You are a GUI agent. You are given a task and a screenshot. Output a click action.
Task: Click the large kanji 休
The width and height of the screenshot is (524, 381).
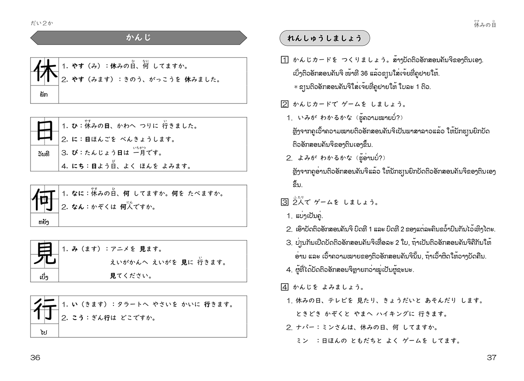pyautogui.click(x=44, y=72)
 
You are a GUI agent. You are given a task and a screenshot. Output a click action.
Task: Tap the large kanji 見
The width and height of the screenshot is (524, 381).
pyautogui.click(x=44, y=254)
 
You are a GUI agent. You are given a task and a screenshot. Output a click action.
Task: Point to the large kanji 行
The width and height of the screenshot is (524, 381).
pyautogui.click(x=44, y=310)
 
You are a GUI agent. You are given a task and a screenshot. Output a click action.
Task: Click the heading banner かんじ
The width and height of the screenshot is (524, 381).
pyautogui.click(x=138, y=38)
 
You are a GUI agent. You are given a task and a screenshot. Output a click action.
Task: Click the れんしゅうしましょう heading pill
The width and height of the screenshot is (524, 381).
pyautogui.click(x=324, y=38)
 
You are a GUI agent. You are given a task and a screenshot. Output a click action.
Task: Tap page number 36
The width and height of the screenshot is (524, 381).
pyautogui.click(x=35, y=357)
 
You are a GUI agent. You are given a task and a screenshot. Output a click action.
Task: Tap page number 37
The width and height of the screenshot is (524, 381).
pyautogui.click(x=491, y=357)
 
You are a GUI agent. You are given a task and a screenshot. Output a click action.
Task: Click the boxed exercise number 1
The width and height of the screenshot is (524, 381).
pyautogui.click(x=284, y=59)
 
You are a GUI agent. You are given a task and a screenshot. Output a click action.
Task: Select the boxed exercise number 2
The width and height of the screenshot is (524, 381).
pyautogui.click(x=284, y=104)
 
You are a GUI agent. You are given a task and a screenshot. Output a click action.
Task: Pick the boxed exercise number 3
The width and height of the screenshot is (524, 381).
pyautogui.click(x=284, y=202)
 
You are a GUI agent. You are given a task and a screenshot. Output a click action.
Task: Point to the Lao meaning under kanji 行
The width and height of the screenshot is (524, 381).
pyautogui.click(x=44, y=332)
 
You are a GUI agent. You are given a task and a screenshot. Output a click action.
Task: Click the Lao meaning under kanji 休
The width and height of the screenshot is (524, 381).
pyautogui.click(x=44, y=94)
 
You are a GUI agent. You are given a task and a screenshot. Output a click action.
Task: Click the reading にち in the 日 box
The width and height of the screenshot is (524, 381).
pyautogui.click(x=77, y=166)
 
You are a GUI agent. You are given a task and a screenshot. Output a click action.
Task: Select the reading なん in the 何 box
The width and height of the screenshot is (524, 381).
pyautogui.click(x=77, y=207)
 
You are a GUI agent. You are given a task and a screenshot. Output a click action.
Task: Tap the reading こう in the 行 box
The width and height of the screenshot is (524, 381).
pyautogui.click(x=77, y=318)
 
